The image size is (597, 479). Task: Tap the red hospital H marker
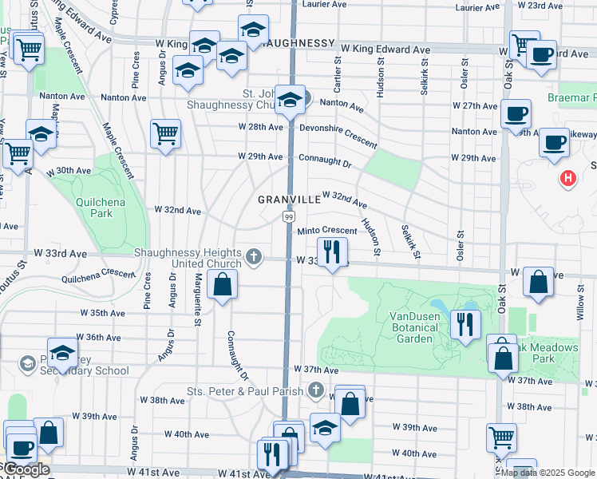point(567,178)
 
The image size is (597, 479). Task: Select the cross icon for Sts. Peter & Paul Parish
point(316,391)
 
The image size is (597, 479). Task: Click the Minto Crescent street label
point(326,232)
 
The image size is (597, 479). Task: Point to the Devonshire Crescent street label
point(338,134)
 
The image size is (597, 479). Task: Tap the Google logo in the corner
point(26,470)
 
